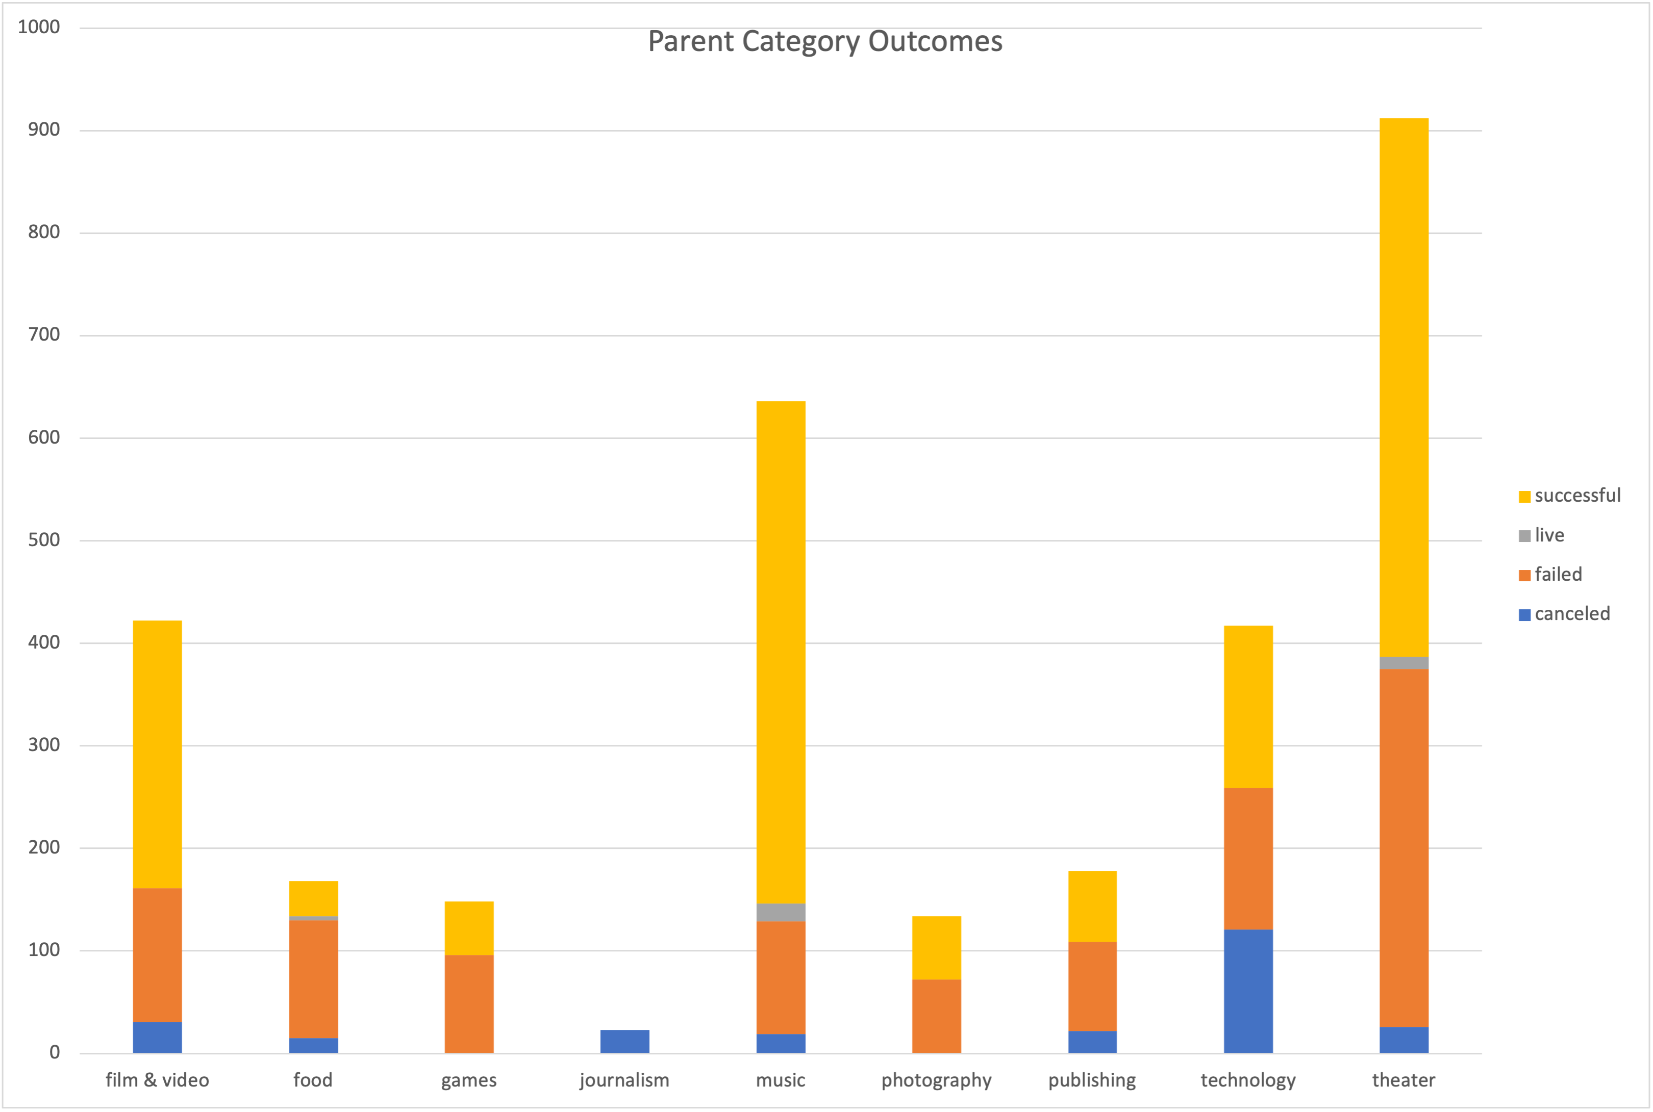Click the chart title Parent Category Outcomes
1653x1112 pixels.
click(x=824, y=41)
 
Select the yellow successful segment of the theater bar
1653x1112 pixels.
click(x=1404, y=386)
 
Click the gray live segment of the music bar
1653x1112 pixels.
click(x=781, y=912)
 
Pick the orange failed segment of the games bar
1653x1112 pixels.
click(x=469, y=1003)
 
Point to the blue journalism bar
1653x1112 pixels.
click(x=624, y=1041)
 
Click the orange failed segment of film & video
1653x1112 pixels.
click(x=158, y=954)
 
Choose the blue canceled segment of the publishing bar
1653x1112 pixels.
click(x=1092, y=1041)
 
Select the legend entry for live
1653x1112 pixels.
click(x=1549, y=535)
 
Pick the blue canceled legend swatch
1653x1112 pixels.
click(x=1524, y=614)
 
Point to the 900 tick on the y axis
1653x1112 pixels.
click(x=44, y=129)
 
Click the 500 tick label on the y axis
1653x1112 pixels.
click(x=44, y=540)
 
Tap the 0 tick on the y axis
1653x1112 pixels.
click(x=55, y=1052)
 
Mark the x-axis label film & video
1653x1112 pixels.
click(x=158, y=1080)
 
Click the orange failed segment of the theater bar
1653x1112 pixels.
click(x=1404, y=847)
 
